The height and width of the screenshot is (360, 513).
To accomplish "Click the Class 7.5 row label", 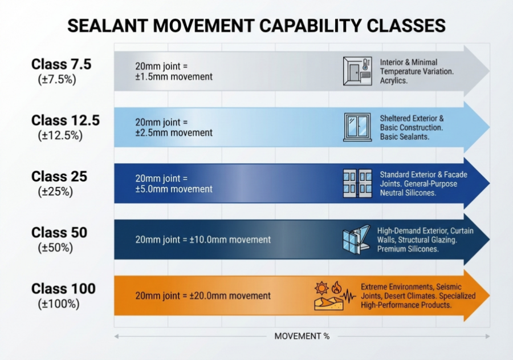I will pyautogui.click(x=61, y=64).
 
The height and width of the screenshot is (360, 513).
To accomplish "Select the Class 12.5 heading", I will pyautogui.click(x=65, y=120).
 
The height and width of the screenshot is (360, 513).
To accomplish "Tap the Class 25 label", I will pyautogui.click(x=59, y=176).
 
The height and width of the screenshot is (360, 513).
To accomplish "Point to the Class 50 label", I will pyautogui.click(x=59, y=232).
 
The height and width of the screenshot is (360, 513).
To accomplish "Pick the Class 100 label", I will pyautogui.click(x=63, y=288).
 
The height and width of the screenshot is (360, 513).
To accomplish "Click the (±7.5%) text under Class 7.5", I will pyautogui.click(x=56, y=79).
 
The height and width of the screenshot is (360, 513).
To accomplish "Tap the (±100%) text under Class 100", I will pyautogui.click(x=58, y=304).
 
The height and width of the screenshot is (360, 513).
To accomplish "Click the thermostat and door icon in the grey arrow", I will pyautogui.click(x=357, y=71).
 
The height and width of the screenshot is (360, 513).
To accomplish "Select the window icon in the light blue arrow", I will pyautogui.click(x=357, y=127).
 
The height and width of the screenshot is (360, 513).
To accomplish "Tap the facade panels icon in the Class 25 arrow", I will pyautogui.click(x=357, y=183).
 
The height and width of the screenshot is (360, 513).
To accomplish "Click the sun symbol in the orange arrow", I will pyautogui.click(x=321, y=287).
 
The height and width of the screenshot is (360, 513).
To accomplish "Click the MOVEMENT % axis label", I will pyautogui.click(x=302, y=336).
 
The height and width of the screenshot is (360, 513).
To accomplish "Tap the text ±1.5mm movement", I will pyautogui.click(x=174, y=77).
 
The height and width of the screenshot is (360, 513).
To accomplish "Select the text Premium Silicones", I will pyautogui.click(x=408, y=249).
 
